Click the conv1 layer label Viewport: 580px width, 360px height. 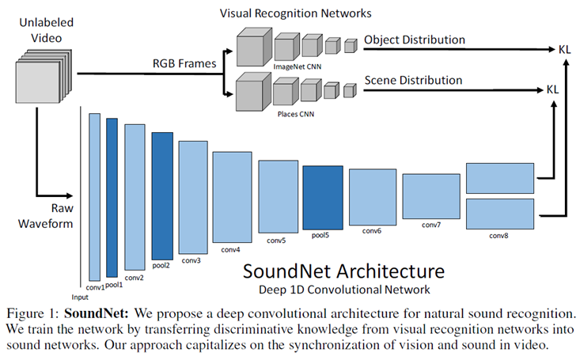96,287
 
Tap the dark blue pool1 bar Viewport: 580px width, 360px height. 112,198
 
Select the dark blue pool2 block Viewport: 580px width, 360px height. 162,196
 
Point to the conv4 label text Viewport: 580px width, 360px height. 230,250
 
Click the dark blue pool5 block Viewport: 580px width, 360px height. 323,198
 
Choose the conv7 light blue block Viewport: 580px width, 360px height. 431,196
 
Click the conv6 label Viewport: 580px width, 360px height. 372,231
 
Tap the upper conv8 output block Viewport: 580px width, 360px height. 500,178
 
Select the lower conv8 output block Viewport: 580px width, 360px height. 500,214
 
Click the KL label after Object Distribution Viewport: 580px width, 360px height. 565,49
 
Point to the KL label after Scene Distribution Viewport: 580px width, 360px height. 552,89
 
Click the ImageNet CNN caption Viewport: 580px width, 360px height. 298,67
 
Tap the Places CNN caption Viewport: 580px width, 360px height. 296,114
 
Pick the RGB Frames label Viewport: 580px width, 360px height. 184,63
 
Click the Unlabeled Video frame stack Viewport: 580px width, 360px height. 44,76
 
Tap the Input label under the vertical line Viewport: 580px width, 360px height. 80,297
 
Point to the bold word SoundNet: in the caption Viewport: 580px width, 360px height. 97,314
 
